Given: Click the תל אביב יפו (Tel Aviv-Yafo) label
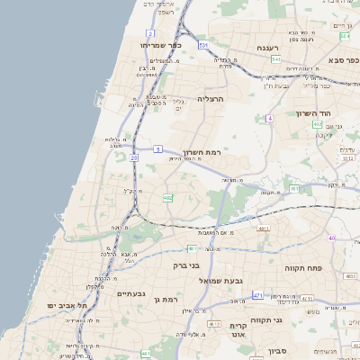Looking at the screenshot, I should point(68,306).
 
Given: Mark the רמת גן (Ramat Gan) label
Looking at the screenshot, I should point(167,298).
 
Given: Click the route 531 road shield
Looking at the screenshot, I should point(203,44).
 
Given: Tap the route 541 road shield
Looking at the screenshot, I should point(275,58).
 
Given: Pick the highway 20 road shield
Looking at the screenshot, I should point(133,157).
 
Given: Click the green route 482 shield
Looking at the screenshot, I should point(168,198).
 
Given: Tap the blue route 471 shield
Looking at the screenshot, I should point(258,295).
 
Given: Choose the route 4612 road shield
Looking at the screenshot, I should point(213,323).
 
